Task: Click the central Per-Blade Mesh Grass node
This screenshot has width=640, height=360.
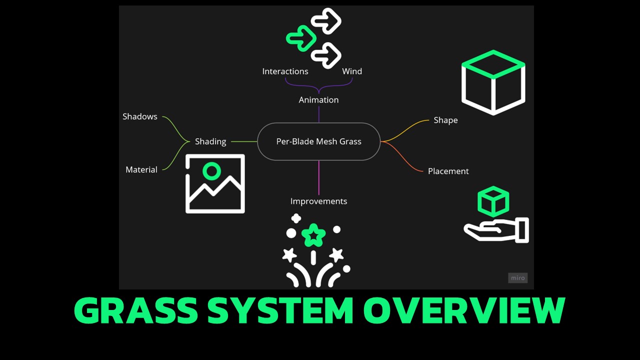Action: tap(318, 141)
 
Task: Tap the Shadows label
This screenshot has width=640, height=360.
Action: tap(140, 116)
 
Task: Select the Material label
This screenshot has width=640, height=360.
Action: tap(141, 170)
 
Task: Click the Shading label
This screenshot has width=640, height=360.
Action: tap(210, 141)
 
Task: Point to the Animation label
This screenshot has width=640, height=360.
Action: tap(318, 100)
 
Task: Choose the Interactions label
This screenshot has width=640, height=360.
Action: tap(285, 71)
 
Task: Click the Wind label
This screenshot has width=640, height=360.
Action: tap(352, 71)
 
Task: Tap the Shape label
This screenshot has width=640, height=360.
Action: tap(445, 120)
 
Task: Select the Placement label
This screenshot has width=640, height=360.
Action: tap(448, 171)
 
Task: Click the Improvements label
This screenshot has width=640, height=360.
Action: tap(318, 201)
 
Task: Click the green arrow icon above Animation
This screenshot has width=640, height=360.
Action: tap(301, 38)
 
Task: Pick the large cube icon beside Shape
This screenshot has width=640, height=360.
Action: tap(493, 82)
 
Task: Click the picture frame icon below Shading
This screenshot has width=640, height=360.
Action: tap(215, 183)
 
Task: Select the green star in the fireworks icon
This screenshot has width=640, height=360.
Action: tap(313, 234)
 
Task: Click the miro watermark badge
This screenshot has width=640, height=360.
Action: tap(517, 278)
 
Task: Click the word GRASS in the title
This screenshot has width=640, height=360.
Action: tap(136, 311)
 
